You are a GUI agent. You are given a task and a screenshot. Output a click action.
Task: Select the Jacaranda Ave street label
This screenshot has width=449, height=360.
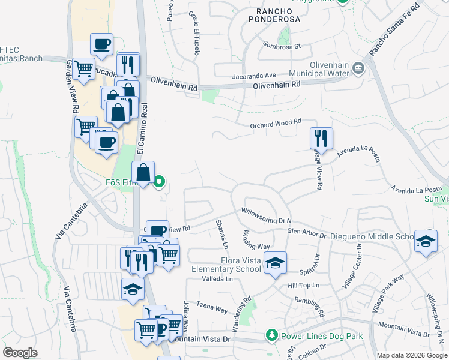(x=255, y=76)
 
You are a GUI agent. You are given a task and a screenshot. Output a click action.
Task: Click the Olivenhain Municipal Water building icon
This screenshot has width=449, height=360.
(x=358, y=68)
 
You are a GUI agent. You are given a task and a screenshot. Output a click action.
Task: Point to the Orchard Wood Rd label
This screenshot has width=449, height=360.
(x=276, y=124)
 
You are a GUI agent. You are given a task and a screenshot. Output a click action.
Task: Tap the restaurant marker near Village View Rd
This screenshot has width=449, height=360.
(x=321, y=139)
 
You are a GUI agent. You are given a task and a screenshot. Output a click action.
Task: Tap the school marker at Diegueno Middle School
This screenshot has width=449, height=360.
(x=426, y=241)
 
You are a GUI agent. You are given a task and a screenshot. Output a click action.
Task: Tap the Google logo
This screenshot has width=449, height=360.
(x=20, y=352)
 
